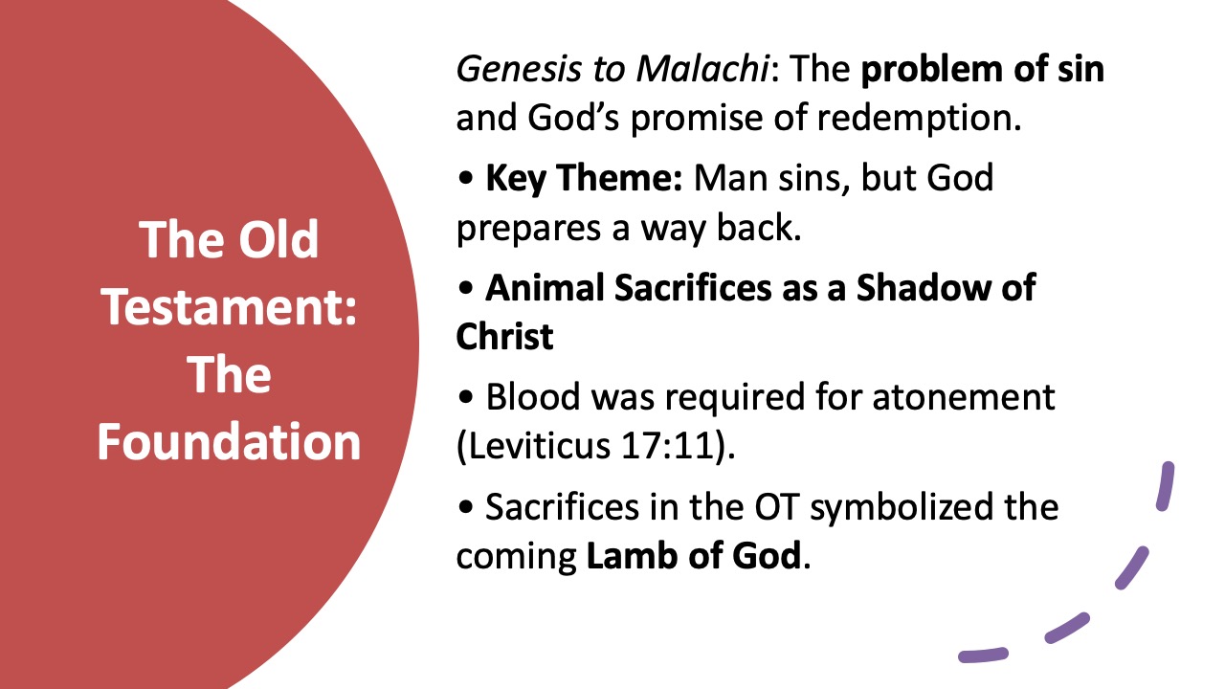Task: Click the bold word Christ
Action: (x=504, y=338)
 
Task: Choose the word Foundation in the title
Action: (x=230, y=440)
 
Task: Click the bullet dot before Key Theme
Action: (x=466, y=181)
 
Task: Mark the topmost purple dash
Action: (x=1166, y=486)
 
